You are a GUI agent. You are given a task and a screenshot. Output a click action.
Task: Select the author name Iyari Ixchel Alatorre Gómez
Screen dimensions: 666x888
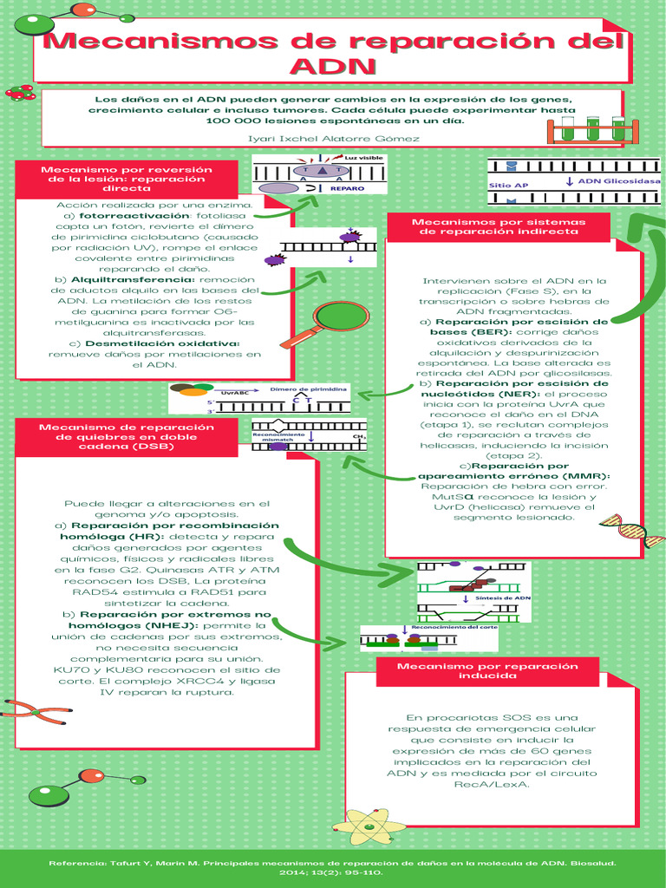coord(334,139)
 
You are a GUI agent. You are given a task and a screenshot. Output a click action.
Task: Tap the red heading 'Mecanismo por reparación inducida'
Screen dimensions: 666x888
coord(486,670)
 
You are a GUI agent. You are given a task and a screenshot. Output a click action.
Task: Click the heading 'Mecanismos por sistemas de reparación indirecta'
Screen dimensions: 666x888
coord(498,226)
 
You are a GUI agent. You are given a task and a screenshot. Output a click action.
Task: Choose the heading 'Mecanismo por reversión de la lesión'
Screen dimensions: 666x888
coord(127,178)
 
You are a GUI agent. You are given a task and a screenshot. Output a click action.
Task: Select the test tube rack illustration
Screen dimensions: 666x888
coord(594,129)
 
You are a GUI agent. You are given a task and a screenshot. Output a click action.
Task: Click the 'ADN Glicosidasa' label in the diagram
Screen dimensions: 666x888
coord(618,181)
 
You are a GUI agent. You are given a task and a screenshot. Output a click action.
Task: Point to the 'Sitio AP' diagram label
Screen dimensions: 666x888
coord(509,186)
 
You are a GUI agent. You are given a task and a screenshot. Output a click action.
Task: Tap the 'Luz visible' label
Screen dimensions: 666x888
coord(363,159)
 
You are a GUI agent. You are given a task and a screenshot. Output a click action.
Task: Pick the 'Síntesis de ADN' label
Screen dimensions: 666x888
coord(503,598)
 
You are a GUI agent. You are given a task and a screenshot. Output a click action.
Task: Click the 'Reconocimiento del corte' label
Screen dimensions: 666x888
coord(454,626)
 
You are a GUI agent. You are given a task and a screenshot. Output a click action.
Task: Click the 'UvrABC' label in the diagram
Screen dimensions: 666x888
coord(233,393)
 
